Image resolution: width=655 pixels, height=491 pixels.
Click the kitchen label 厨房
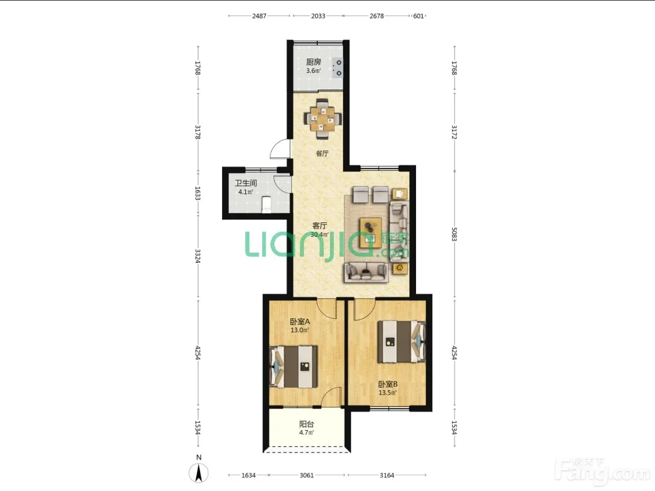pos(313,62)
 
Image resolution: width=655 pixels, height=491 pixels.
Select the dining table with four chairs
pos(323,119)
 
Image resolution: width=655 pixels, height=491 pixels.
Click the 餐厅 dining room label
pos(322,153)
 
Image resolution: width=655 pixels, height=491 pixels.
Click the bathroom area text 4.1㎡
pos(246,192)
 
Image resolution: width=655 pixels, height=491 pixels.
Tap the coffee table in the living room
pos(371,233)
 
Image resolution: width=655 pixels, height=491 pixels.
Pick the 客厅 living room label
pos(320,226)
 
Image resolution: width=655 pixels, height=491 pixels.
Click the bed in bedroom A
pos(293,367)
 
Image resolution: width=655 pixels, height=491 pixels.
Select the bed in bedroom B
pos(402,341)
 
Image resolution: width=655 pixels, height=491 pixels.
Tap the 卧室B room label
pos(388,384)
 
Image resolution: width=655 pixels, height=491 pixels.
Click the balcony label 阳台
pos(307,424)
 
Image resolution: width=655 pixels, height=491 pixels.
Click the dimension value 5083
pos(454,234)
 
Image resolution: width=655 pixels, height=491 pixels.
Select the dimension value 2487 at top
pos(259,16)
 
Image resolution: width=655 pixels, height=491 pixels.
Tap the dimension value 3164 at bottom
pos(387,475)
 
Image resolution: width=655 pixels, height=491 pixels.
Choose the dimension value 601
pos(418,16)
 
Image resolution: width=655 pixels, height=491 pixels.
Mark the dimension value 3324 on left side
pos(197,256)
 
